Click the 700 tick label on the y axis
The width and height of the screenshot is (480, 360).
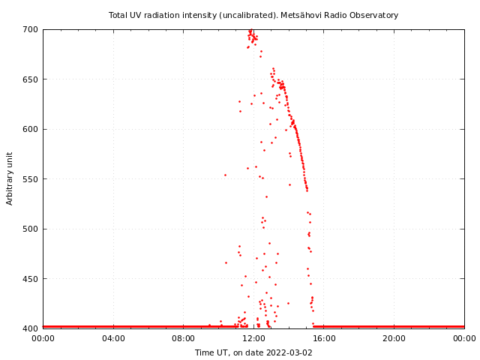click(31, 29)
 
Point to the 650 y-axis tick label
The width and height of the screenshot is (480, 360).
click(31, 79)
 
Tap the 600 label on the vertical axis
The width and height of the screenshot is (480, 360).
click(31, 129)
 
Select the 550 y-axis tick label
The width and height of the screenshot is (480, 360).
click(31, 179)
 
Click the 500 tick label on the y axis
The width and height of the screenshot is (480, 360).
click(31, 229)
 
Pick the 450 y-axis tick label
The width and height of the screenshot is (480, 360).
click(31, 279)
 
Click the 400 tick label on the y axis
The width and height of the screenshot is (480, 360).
click(31, 328)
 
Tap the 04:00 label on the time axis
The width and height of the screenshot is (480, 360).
click(113, 339)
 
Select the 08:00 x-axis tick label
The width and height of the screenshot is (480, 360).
click(183, 339)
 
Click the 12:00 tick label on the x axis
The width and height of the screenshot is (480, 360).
click(253, 339)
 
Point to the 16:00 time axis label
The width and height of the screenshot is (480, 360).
click(324, 339)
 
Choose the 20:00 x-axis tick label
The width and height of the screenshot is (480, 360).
click(394, 339)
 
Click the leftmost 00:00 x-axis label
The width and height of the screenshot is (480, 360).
click(43, 339)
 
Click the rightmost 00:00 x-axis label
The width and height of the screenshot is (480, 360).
click(464, 339)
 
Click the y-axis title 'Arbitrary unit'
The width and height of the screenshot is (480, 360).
click(10, 178)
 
